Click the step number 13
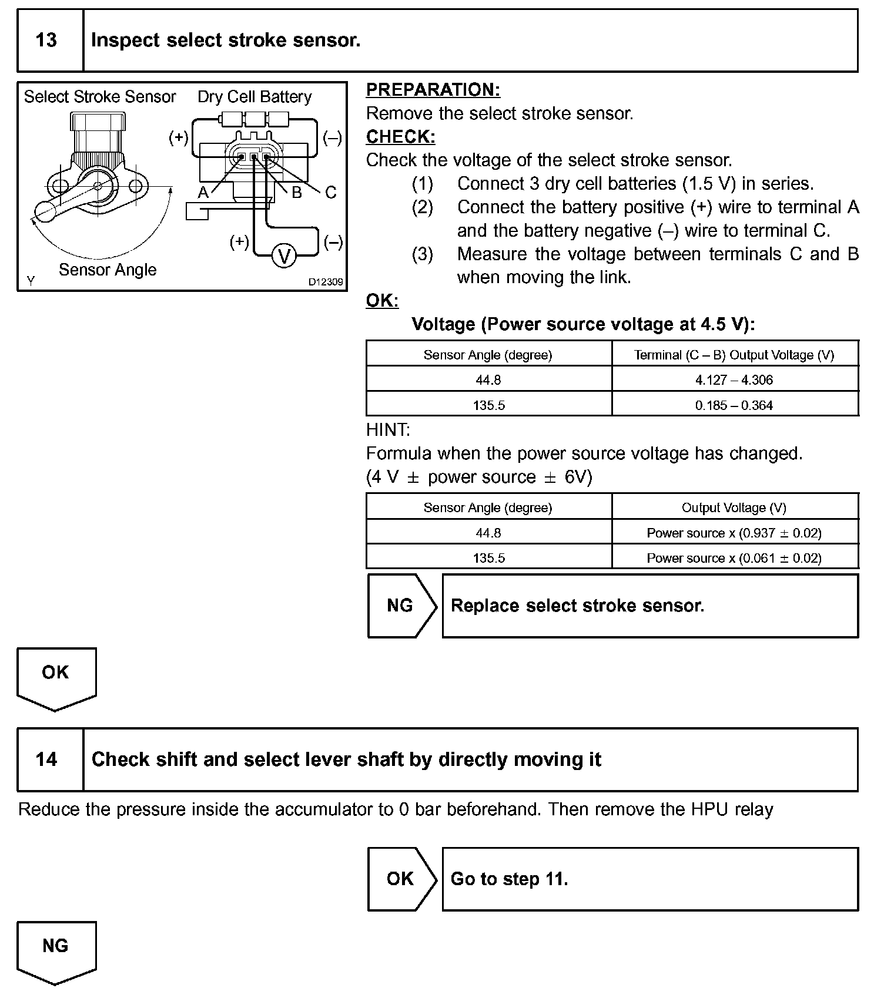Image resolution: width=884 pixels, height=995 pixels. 46,41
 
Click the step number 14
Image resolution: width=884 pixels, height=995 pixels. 46,759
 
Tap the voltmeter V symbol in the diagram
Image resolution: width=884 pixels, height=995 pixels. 284,257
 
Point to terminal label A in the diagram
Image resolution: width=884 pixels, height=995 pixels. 203,193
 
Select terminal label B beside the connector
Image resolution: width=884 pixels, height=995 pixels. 297,193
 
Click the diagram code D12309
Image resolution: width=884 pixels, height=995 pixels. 326,282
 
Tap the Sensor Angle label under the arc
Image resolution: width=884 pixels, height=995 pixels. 108,270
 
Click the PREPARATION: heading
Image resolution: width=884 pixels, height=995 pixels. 433,90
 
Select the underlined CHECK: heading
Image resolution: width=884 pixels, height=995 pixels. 400,137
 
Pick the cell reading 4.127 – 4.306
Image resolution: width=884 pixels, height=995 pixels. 734,380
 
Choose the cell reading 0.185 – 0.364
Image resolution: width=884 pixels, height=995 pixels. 734,405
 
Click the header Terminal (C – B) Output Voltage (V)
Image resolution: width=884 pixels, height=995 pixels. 734,355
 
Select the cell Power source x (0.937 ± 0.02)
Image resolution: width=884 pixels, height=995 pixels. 734,533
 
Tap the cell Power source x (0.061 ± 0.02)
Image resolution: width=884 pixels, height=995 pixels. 734,558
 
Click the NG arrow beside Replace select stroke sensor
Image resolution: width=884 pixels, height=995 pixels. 401,606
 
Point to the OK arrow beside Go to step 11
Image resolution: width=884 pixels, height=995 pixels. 401,879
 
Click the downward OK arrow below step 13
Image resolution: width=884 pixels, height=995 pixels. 56,675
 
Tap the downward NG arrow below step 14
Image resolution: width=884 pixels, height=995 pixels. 56,949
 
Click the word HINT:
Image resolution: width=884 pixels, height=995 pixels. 388,430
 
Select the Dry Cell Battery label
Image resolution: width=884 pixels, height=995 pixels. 255,97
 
